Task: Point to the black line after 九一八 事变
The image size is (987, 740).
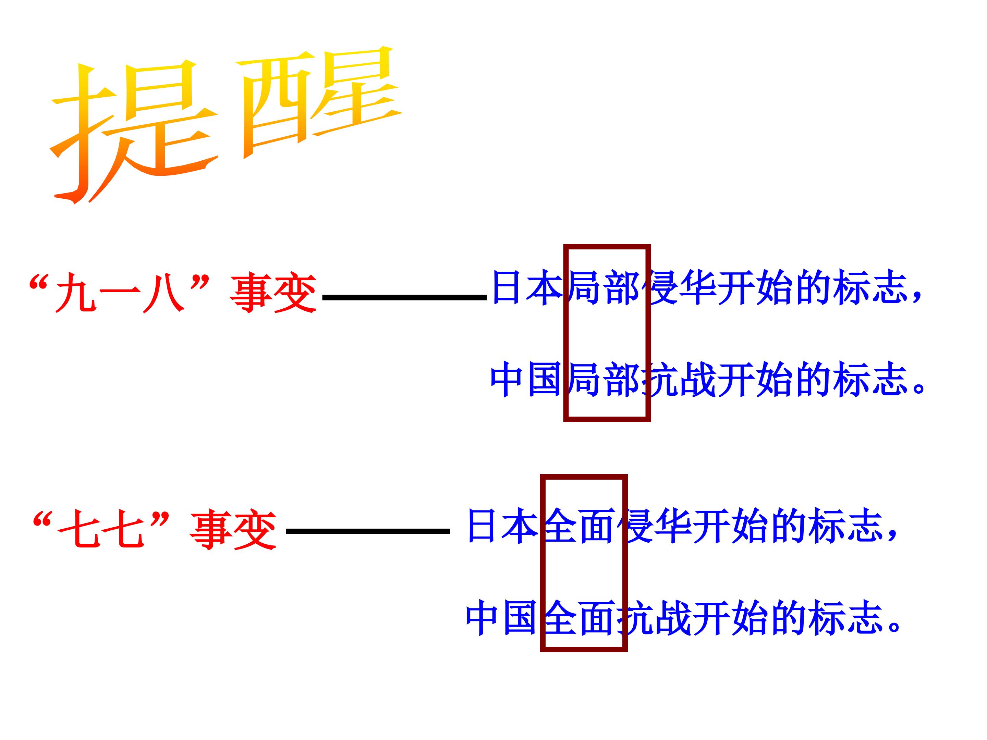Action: point(404,297)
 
